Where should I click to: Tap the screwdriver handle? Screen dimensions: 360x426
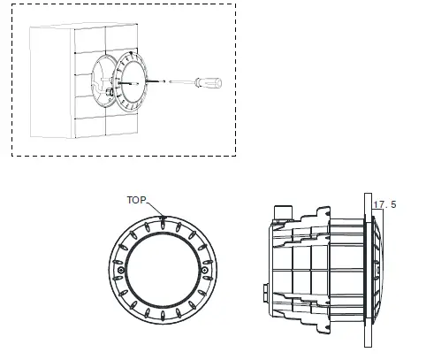pyautogui.click(x=209, y=82)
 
